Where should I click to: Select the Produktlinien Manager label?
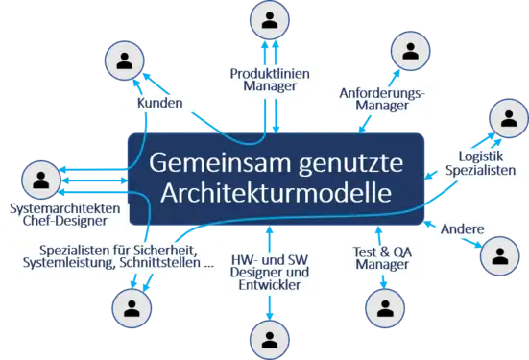coord(270,79)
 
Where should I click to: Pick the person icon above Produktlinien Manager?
coord(269,21)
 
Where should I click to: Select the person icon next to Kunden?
coord(125,60)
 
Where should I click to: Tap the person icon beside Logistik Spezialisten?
coord(506,117)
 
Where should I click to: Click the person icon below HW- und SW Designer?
coord(268,337)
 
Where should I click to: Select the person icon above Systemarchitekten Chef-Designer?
coord(40,179)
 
